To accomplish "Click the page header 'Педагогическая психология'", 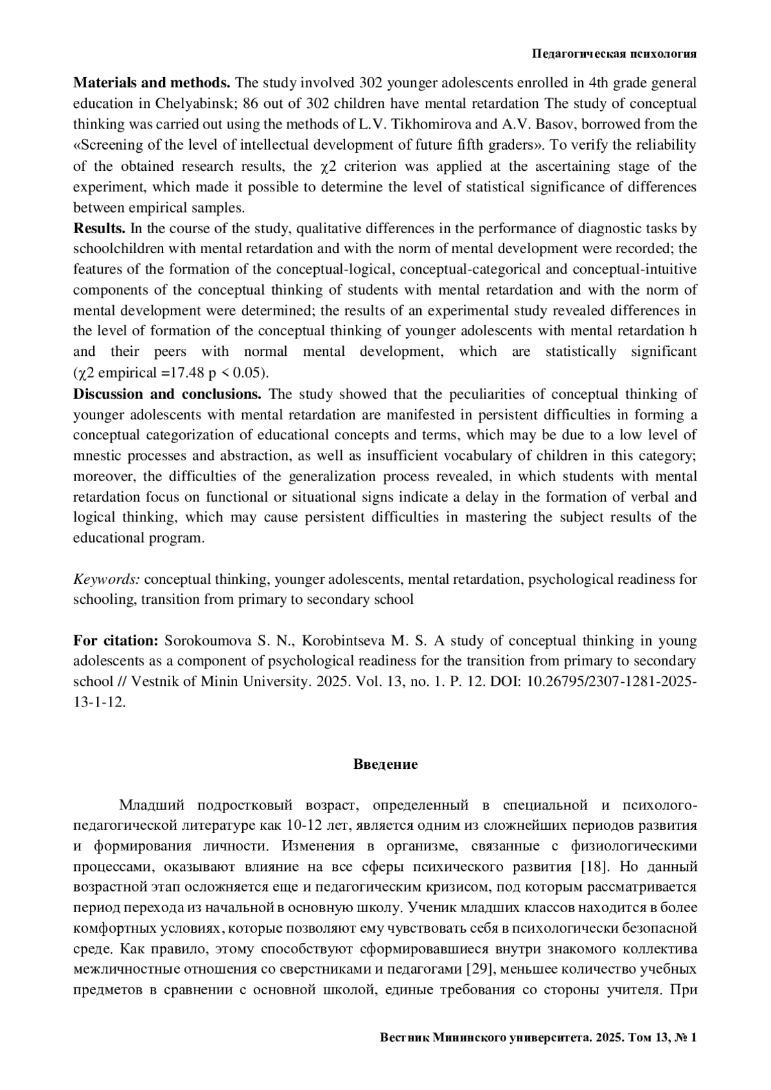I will [614, 54].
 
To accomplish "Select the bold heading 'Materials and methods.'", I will [152, 83].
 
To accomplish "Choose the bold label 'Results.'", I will [100, 228].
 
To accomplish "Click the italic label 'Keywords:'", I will [107, 579].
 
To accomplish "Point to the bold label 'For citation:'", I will [116, 641].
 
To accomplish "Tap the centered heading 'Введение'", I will [385, 764].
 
